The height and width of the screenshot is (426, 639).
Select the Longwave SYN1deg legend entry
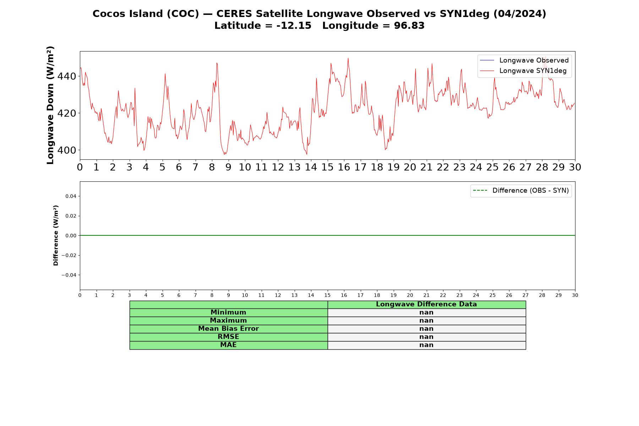(x=523, y=71)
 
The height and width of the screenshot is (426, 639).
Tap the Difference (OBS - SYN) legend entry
(x=521, y=191)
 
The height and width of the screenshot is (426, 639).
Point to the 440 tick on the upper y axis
(x=67, y=76)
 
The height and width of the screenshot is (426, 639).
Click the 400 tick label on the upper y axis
(x=67, y=150)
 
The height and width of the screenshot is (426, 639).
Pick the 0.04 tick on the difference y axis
(x=71, y=196)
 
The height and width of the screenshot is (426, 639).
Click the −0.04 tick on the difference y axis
(x=69, y=275)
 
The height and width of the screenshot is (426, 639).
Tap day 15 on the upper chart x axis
(x=327, y=167)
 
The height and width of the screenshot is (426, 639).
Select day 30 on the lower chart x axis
(x=575, y=295)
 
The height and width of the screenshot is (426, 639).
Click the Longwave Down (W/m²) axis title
(x=50, y=105)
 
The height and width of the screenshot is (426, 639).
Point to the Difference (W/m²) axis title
(x=56, y=235)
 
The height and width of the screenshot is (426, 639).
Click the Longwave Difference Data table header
(x=426, y=304)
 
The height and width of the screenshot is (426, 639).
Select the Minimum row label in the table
(x=228, y=312)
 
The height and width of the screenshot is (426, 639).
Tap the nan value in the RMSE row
(x=426, y=337)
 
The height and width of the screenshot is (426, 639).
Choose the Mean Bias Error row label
(x=228, y=329)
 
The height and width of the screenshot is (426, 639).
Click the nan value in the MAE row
(x=426, y=345)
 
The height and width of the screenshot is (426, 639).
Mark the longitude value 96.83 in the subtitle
(x=409, y=26)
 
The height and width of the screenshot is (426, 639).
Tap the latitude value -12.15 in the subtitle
(x=294, y=26)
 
